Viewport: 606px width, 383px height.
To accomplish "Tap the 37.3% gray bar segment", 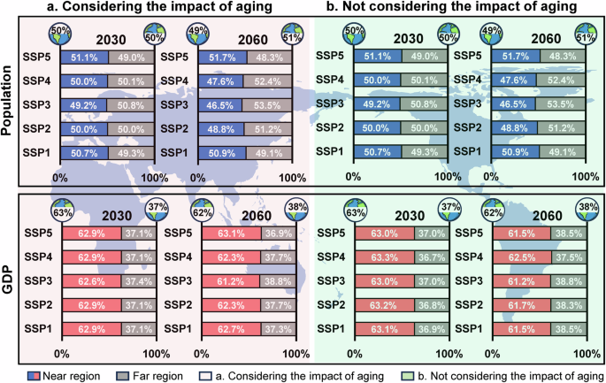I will point(280,327).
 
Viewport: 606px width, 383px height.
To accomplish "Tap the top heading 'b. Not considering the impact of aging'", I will point(456,8).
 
